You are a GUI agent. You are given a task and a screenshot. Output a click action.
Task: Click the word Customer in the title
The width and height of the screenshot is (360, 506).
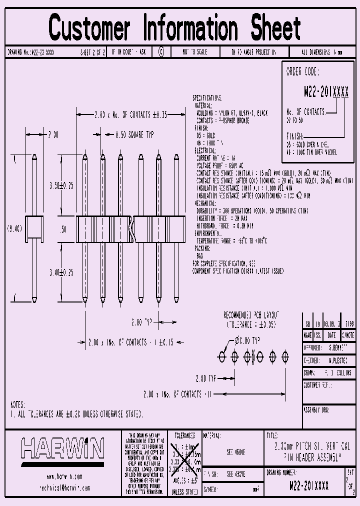(x=89, y=28)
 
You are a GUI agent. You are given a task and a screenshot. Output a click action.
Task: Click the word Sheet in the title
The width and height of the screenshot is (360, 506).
(x=276, y=28)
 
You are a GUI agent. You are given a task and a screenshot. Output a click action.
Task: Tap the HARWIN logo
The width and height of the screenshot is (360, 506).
(x=62, y=448)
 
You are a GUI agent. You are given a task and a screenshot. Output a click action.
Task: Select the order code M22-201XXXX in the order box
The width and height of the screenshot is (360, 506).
(x=326, y=92)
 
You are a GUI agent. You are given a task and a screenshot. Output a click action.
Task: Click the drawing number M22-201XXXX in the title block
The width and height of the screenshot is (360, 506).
(x=309, y=485)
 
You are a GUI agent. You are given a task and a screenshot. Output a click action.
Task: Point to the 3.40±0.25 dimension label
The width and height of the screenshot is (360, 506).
(x=61, y=272)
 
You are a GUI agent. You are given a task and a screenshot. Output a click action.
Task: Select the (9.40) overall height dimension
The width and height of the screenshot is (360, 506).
(x=14, y=228)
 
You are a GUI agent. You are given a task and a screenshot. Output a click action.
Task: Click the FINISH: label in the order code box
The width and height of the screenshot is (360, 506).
(x=295, y=135)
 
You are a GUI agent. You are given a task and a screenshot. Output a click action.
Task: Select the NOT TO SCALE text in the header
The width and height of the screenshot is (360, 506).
(x=194, y=52)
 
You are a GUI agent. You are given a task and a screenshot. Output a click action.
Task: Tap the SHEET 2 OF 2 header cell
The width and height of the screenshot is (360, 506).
(x=92, y=52)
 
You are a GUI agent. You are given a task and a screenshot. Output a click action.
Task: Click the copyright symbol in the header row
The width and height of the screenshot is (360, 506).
(x=161, y=52)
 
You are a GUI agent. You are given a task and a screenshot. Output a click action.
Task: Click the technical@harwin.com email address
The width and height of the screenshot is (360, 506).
(x=64, y=487)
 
